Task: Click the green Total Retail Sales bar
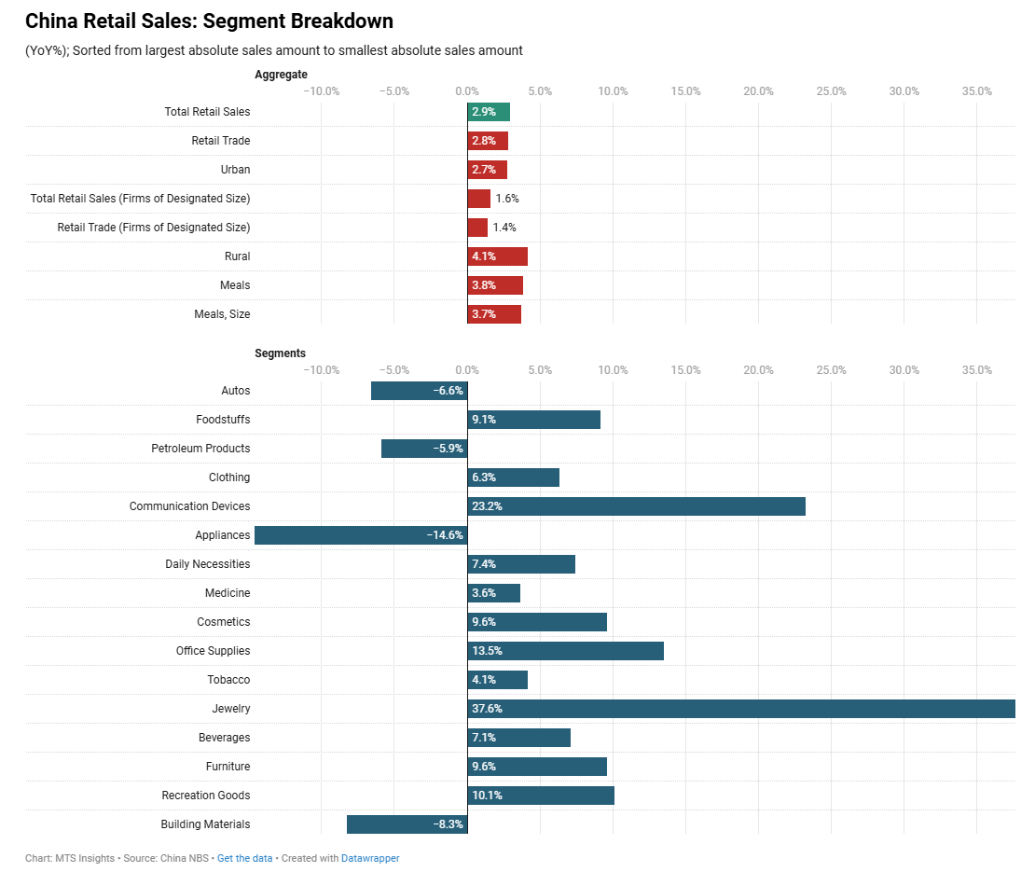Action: click(489, 112)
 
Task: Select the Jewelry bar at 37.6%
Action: click(741, 709)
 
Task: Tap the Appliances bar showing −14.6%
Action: click(361, 535)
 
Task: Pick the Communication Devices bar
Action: click(636, 506)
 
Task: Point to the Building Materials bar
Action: click(407, 824)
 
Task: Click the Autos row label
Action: click(236, 391)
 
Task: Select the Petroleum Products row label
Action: click(200, 449)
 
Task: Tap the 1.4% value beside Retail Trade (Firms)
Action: click(504, 228)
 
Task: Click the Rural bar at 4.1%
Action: click(497, 256)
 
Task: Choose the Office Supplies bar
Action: click(565, 651)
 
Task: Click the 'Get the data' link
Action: click(244, 858)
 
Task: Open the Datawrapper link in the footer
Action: click(370, 858)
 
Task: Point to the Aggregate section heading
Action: click(281, 75)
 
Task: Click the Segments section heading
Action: click(280, 353)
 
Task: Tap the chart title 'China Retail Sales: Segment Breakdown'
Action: click(209, 21)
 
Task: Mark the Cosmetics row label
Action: click(223, 622)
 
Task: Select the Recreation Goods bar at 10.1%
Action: click(541, 796)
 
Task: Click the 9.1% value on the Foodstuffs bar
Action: click(484, 420)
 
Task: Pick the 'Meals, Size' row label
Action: click(222, 314)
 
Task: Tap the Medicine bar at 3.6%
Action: click(493, 593)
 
